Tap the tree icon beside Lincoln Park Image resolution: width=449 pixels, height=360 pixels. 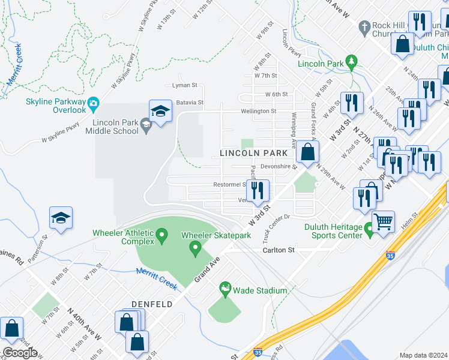(352, 62)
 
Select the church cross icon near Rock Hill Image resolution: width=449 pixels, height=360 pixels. (363, 27)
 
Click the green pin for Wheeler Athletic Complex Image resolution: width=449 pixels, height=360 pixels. (162, 237)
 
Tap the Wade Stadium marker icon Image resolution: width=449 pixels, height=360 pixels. (226, 290)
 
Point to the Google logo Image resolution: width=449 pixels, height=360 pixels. (20, 353)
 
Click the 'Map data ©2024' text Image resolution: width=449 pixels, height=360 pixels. (423, 355)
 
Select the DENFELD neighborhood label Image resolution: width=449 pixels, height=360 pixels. (152, 304)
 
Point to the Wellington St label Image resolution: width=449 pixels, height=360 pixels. (258, 111)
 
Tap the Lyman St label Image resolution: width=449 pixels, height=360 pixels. (184, 85)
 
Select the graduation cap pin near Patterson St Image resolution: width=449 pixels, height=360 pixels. (61, 218)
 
